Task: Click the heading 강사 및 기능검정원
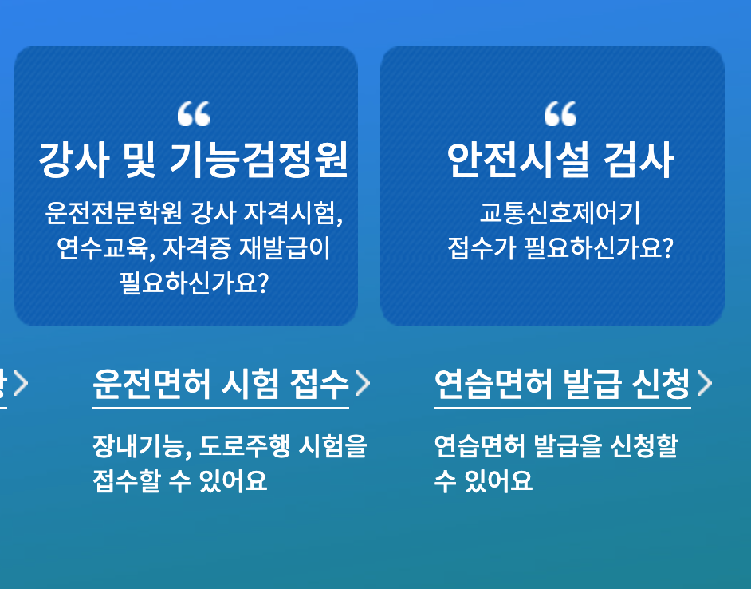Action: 193,160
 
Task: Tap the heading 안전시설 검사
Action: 560,160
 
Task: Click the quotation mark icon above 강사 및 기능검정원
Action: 194,114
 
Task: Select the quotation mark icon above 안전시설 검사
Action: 560,114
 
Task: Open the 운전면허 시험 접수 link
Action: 220,385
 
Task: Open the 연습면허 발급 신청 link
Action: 561,385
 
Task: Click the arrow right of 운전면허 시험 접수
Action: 363,384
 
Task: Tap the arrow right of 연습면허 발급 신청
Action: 705,384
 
